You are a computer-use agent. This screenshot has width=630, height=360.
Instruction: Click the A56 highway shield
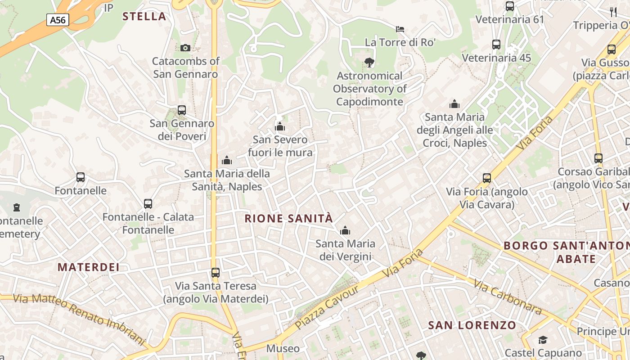58,19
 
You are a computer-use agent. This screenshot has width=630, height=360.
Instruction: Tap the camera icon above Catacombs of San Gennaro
185,48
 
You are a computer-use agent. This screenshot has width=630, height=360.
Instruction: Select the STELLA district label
144,17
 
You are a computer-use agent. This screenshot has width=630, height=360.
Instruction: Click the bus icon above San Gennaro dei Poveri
182,110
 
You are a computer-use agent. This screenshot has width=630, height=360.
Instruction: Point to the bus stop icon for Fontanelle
81,177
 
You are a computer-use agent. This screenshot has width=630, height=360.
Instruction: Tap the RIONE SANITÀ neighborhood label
288,219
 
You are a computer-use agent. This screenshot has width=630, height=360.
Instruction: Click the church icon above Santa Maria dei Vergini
345,231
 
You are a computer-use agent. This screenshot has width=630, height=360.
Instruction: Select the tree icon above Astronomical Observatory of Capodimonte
369,63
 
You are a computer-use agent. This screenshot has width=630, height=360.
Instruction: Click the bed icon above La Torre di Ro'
400,29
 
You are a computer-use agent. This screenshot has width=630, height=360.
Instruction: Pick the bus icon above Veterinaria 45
496,45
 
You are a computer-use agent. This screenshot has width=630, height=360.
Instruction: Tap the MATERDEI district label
89,267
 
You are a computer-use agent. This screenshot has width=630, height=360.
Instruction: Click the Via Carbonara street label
507,296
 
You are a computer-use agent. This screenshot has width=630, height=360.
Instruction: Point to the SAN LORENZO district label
472,325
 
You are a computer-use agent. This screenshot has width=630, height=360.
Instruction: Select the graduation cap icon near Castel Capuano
543,340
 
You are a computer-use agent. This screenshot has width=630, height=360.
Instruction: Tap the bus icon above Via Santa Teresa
216,272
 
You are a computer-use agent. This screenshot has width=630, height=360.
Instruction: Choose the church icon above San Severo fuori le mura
280,126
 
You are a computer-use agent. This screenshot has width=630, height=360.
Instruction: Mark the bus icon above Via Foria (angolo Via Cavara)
487,178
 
